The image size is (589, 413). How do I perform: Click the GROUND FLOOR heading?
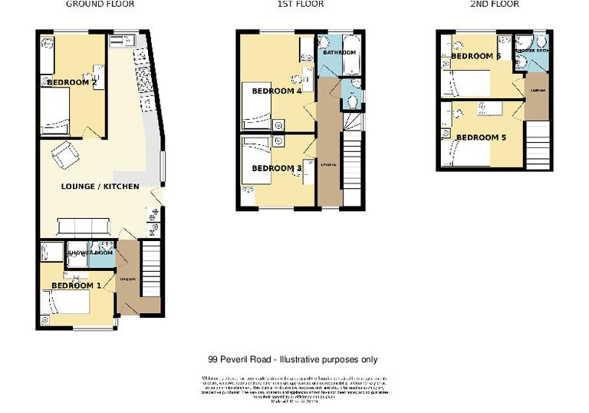(100, 5)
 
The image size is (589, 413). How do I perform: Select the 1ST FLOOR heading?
(300, 5)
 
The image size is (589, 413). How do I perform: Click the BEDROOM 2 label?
(71, 82)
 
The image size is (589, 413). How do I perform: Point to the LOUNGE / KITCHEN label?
(100, 187)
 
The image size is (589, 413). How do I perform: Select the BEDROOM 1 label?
(76, 286)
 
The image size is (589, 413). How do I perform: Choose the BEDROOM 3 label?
(275, 168)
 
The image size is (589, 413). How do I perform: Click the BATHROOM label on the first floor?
(339, 53)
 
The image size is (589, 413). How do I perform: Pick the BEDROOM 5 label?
(481, 138)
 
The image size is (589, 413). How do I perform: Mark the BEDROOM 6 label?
(475, 57)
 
